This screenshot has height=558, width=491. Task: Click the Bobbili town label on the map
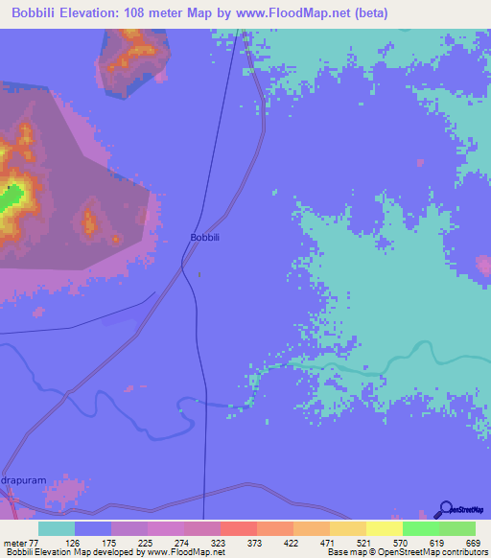206,237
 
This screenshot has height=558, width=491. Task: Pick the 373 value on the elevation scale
255,542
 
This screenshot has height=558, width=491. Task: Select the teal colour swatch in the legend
57,528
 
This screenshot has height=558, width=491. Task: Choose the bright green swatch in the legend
420,528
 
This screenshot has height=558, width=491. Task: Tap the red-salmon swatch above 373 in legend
238,528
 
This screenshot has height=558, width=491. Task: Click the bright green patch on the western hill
12,198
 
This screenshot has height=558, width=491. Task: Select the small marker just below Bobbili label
199,273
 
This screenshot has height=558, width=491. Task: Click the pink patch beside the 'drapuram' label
61,494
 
